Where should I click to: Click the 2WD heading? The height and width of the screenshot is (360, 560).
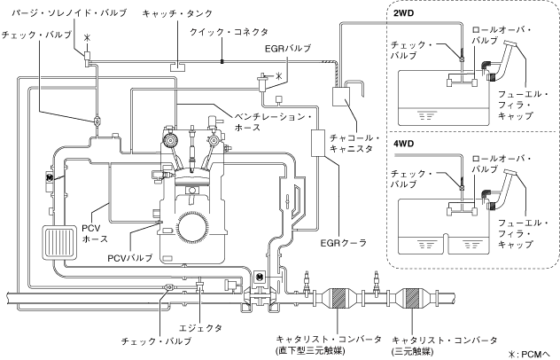click(x=403, y=13)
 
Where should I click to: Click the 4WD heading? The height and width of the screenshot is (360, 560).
click(x=403, y=144)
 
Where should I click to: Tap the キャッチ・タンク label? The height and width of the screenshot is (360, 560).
click(x=177, y=13)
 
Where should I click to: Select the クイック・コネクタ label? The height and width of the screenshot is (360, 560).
click(x=229, y=32)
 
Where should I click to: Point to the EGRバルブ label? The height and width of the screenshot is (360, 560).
click(x=288, y=48)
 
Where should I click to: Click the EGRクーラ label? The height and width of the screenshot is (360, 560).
click(x=344, y=243)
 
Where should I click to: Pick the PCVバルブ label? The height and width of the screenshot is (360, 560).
click(x=130, y=257)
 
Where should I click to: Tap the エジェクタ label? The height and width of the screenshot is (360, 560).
click(x=200, y=328)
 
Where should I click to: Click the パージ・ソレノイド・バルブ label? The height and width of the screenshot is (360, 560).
click(x=69, y=13)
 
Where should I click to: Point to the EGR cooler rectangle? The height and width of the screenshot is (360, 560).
click(x=317, y=143)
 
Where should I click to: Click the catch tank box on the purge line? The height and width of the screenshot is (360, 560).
click(x=177, y=67)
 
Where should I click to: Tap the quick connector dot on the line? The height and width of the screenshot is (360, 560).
click(x=222, y=61)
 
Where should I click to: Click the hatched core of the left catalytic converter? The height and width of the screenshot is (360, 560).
click(x=339, y=298)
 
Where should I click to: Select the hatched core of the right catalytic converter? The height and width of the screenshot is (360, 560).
click(x=412, y=298)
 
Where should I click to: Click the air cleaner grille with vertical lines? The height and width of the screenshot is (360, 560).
click(x=59, y=243)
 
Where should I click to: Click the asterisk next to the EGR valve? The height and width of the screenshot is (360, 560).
click(x=279, y=75)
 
